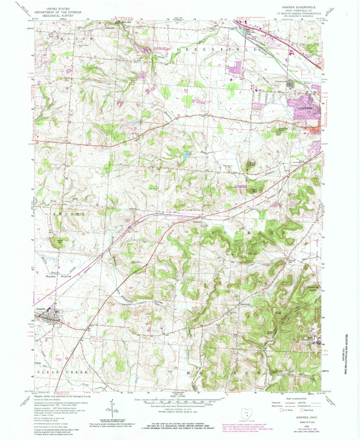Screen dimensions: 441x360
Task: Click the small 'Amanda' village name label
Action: click(40, 309)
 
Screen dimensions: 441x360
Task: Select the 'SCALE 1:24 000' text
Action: click(180, 397)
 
